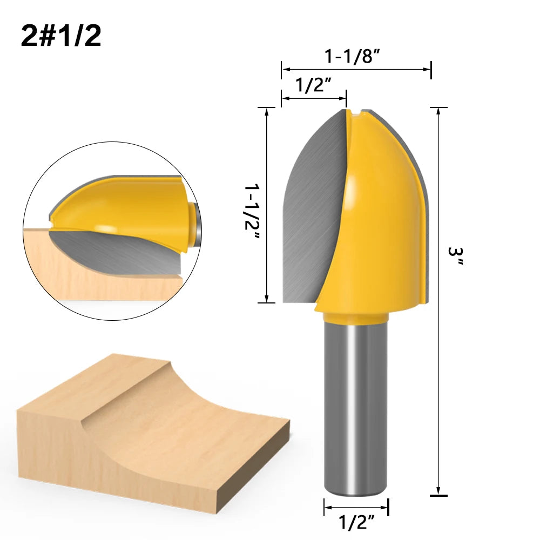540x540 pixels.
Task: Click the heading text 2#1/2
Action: pos(61,36)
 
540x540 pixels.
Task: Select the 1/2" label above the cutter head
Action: pos(313,85)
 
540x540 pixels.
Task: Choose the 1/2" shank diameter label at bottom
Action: pos(356,522)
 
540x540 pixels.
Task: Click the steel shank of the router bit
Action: pos(354,410)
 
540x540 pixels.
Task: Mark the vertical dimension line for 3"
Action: pos(438,302)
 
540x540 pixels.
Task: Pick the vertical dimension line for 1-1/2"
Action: pos(267,205)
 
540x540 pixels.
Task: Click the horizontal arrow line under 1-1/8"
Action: pos(356,69)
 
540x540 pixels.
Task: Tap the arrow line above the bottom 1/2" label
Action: pos(356,507)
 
